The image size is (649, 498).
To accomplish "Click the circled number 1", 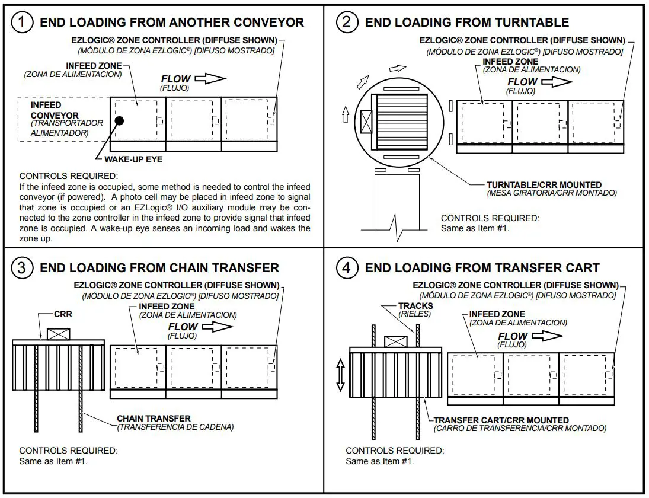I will click(22, 23).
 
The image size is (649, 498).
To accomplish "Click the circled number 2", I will click(347, 23).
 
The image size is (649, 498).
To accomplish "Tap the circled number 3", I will click(22, 268).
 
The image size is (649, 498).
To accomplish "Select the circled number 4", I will click(347, 268).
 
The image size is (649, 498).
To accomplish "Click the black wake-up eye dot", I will click(119, 121).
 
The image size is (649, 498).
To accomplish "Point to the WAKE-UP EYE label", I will click(133, 159).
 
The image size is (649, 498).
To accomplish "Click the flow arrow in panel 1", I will click(210, 78).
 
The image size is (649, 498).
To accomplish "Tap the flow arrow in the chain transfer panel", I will click(218, 326).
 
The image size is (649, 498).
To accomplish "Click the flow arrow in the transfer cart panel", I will click(546, 336).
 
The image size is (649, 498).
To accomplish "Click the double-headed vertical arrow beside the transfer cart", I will click(340, 375).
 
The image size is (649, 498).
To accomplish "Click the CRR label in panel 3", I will click(63, 314).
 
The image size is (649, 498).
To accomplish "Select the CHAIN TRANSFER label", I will click(154, 419).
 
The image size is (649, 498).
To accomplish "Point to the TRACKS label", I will click(415, 306).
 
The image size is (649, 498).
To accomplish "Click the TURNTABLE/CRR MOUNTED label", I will click(544, 185).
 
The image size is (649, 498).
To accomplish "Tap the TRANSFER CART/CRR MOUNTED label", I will click(501, 420).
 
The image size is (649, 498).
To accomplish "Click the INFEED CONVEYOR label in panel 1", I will click(55, 110).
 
